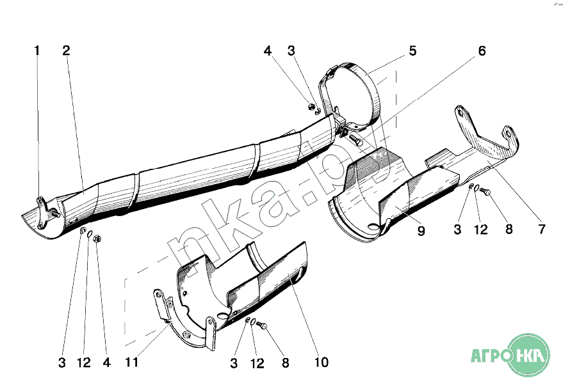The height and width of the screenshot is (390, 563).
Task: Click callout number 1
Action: pyautogui.click(x=37, y=51)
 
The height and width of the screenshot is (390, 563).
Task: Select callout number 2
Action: pyautogui.click(x=66, y=51)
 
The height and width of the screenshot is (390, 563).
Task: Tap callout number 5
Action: pyautogui.click(x=412, y=51)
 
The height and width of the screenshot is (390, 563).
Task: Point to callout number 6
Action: pyautogui.click(x=481, y=51)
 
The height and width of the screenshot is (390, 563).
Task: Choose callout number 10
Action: pyautogui.click(x=321, y=363)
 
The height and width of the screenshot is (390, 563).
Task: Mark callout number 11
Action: pyautogui.click(x=132, y=363)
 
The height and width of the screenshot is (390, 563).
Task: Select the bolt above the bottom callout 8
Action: pyautogui.click(x=262, y=325)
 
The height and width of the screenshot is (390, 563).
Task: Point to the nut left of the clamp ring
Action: pyautogui.click(x=311, y=107)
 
